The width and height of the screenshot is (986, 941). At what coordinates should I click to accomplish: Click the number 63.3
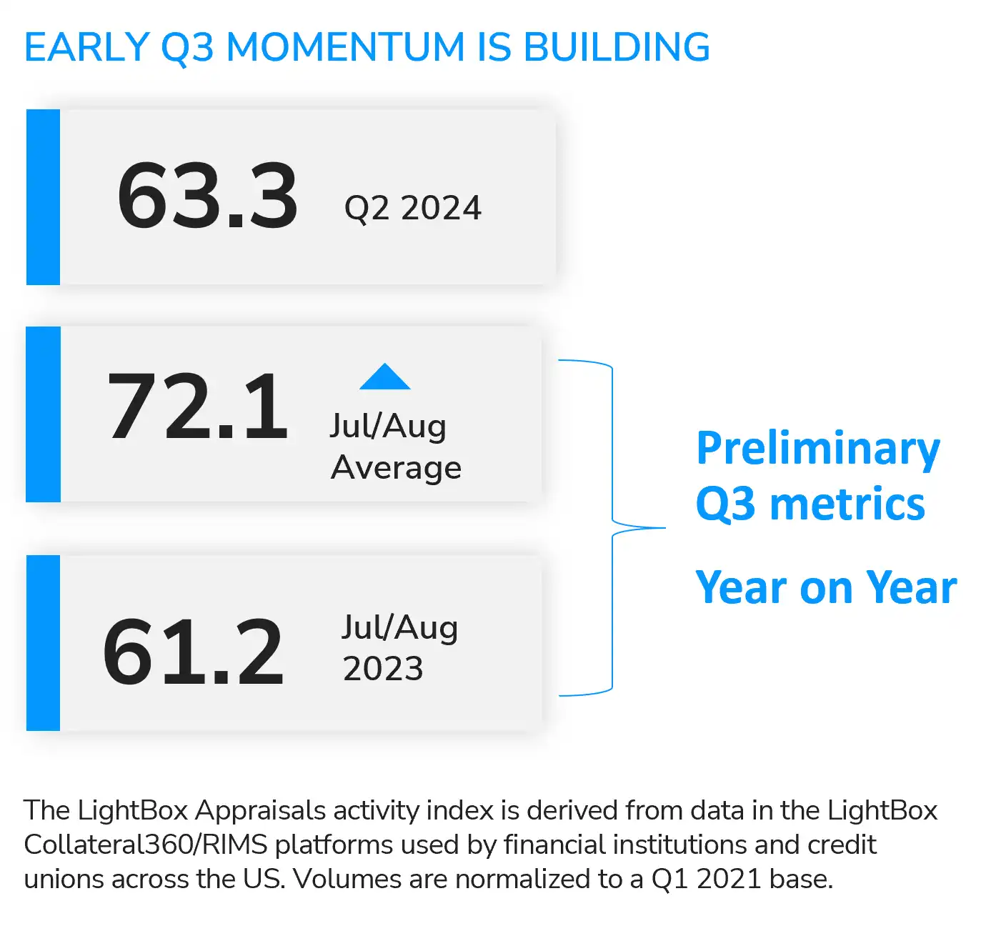click(x=207, y=196)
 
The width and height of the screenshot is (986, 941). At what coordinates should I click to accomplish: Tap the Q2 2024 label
click(x=412, y=208)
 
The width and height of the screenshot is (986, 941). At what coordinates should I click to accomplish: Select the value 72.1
click(x=198, y=406)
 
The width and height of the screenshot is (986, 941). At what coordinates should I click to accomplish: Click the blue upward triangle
click(x=384, y=377)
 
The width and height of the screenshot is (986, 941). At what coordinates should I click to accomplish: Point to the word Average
click(x=396, y=467)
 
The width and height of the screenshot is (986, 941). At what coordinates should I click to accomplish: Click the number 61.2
click(x=193, y=651)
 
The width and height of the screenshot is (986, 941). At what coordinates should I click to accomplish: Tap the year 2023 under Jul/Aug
click(x=383, y=669)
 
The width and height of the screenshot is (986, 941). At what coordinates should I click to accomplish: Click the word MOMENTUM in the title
click(x=346, y=47)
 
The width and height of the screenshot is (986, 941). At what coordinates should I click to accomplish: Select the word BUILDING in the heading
click(x=617, y=47)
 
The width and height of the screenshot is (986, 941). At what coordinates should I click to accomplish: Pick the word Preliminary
click(x=817, y=449)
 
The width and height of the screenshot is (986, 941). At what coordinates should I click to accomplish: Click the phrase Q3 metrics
click(x=810, y=504)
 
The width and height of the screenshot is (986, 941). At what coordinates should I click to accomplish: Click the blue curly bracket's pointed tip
click(x=664, y=528)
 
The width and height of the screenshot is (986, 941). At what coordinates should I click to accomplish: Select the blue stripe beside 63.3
click(x=43, y=197)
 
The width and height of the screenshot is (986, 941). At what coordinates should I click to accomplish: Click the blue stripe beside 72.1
click(x=43, y=414)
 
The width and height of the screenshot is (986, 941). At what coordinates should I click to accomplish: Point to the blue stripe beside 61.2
click(x=43, y=643)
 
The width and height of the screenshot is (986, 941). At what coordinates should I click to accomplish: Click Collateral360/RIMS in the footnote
click(x=146, y=845)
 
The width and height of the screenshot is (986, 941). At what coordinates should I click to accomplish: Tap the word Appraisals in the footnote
click(x=260, y=810)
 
